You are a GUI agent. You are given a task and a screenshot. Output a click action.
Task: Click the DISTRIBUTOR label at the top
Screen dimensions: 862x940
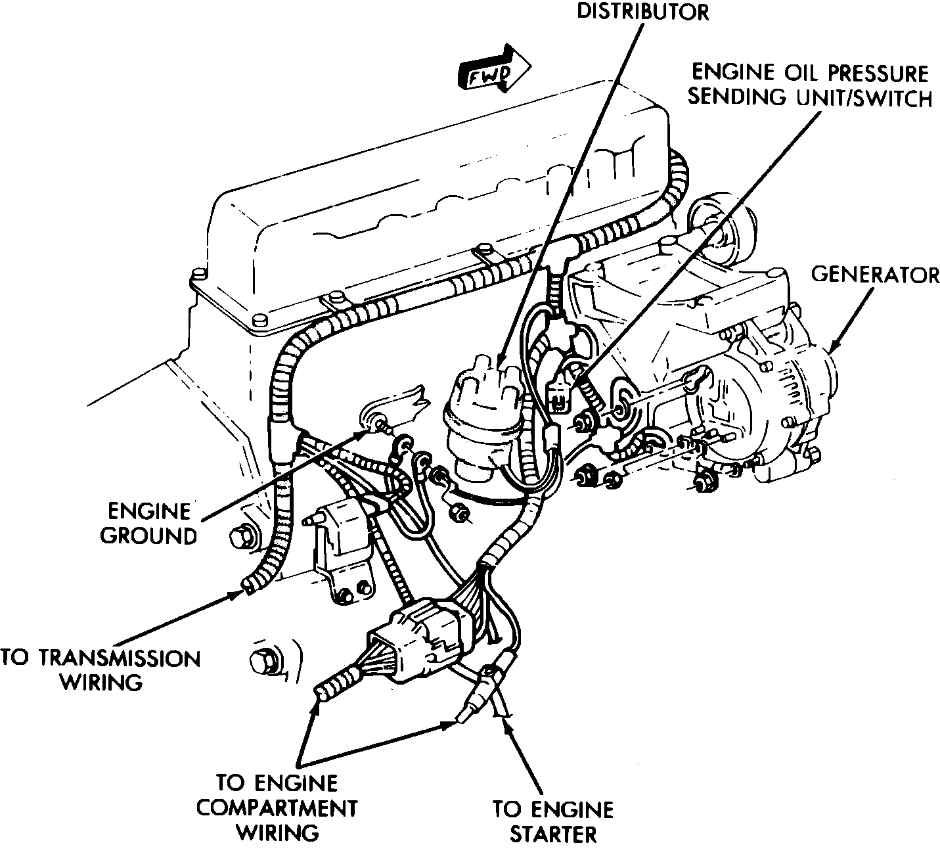pyautogui.click(x=642, y=12)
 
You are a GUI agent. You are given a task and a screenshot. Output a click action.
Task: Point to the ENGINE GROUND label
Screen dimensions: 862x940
pyautogui.click(x=149, y=523)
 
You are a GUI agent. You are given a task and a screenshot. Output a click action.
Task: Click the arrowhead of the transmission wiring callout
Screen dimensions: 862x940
pyautogui.click(x=240, y=593)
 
